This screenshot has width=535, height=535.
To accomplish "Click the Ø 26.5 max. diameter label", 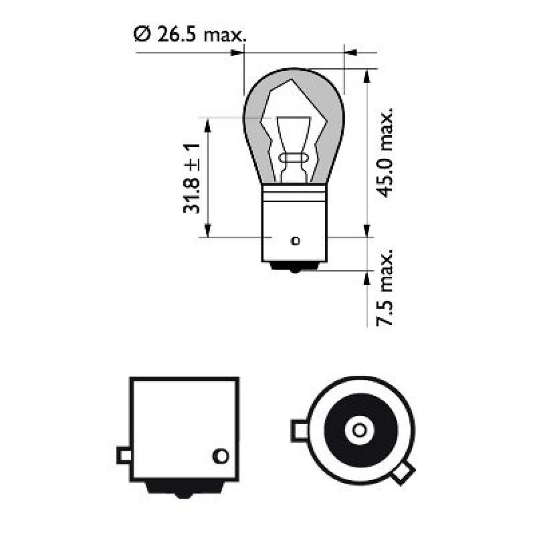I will tap(189, 34).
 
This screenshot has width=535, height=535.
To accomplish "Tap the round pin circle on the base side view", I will tap(219, 456).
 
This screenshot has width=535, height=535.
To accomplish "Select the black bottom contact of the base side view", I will tap(183, 490).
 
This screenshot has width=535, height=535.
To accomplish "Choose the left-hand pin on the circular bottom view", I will tap(298, 428).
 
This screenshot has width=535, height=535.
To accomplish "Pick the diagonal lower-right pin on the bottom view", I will tap(401, 474).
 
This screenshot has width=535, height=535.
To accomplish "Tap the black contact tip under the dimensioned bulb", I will tap(294, 267).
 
